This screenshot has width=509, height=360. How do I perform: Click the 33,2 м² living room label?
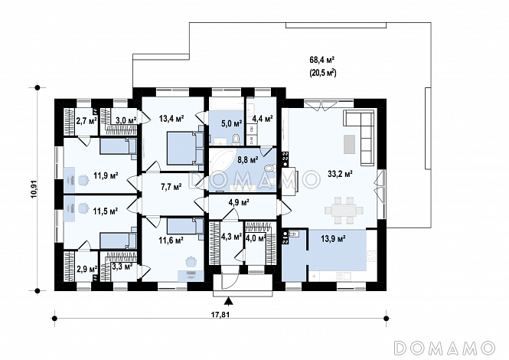340,174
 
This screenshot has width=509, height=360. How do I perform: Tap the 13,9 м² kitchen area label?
333,239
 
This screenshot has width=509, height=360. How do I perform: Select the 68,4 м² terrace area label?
322,60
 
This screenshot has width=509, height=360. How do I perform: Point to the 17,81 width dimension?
221,314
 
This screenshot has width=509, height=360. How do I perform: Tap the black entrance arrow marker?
229,301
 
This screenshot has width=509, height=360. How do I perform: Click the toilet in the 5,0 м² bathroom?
236,139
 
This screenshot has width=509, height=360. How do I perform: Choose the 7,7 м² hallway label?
171,187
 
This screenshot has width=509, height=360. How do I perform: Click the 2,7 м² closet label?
86,121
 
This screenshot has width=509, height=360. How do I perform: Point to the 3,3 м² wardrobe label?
122,267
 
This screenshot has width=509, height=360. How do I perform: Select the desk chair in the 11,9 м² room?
83,179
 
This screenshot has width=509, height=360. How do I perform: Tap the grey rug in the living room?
349,144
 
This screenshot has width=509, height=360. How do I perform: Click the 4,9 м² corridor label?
239,202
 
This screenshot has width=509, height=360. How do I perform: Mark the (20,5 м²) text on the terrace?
322,73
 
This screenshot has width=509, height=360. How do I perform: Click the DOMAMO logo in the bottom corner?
444,348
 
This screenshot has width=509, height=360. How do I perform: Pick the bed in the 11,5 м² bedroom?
119,241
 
